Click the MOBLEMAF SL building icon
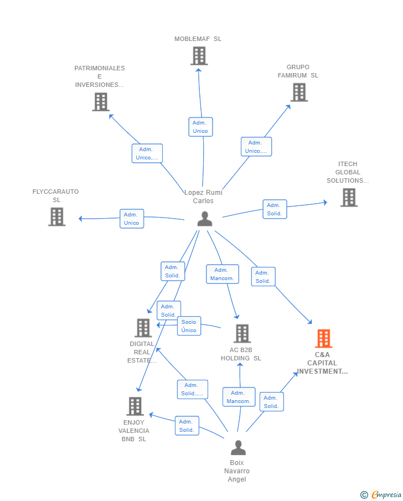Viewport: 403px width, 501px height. click(x=199, y=56)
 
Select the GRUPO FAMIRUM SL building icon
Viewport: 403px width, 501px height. click(x=299, y=92)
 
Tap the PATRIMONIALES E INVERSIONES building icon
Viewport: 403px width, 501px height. click(x=100, y=102)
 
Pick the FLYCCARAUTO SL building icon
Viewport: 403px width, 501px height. click(x=56, y=216)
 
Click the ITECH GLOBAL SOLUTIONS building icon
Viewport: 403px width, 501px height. click(x=349, y=198)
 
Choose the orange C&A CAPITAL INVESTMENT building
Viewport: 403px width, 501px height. click(x=323, y=338)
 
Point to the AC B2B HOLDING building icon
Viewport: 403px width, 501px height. click(x=242, y=334)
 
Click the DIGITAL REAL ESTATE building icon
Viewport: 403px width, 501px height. click(x=143, y=328)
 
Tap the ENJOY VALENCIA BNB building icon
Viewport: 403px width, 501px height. click(x=135, y=406)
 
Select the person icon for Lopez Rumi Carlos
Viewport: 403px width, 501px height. click(x=205, y=219)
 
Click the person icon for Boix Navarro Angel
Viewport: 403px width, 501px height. click(x=238, y=447)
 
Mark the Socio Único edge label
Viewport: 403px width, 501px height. click(x=189, y=326)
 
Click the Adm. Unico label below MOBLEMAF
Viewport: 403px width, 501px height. click(x=200, y=127)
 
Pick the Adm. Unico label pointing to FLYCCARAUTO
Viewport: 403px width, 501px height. click(x=132, y=219)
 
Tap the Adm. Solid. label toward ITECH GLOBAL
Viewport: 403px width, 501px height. click(x=275, y=209)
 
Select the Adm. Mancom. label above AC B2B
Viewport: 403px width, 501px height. click(x=222, y=274)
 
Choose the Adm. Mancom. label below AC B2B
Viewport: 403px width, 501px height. click(x=239, y=397)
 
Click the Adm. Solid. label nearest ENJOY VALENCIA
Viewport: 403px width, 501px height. click(x=187, y=426)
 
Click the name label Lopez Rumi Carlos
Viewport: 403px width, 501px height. click(x=203, y=197)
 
